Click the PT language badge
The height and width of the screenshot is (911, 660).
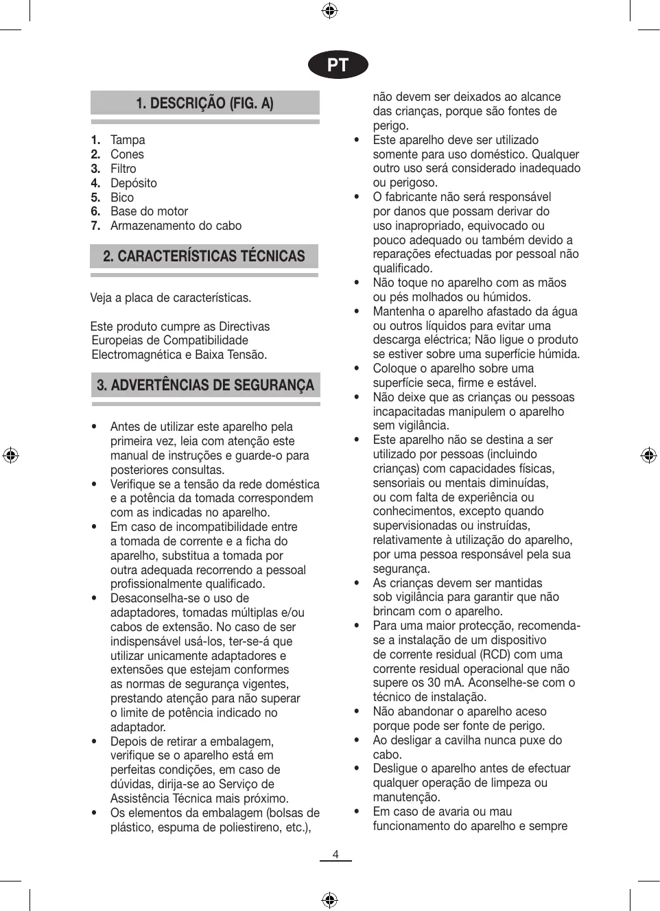[x=338, y=65]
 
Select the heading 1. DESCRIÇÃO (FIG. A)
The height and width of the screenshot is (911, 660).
[x=204, y=104]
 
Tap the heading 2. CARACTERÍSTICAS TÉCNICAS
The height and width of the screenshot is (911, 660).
[x=204, y=257]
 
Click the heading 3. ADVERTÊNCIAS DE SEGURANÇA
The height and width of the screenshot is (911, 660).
[x=205, y=385]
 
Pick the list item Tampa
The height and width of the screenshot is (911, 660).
[x=128, y=140]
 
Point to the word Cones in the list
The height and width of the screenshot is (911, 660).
[x=127, y=154]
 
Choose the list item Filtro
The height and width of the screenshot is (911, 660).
[x=123, y=169]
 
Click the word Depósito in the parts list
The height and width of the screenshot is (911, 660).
[x=133, y=183]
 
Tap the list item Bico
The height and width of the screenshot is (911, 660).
[x=122, y=198]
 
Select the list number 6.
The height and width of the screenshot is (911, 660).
[x=95, y=211]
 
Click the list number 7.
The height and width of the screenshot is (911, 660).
[x=95, y=226]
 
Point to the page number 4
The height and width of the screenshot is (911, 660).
[x=335, y=854]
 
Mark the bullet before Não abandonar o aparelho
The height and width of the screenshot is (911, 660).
[x=357, y=712]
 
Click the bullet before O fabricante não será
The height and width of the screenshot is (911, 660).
[x=357, y=198]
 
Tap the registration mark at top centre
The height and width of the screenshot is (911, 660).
[x=329, y=10]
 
